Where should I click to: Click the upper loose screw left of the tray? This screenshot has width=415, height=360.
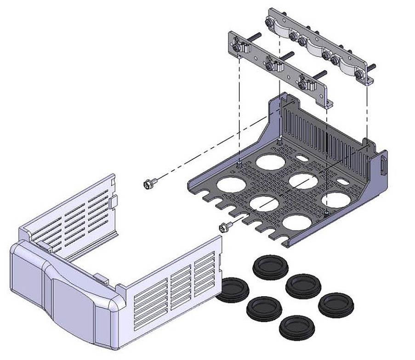point(149,184)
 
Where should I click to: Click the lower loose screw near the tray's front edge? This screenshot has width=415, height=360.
point(225,226)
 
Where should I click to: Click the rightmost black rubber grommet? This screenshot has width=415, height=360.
point(335,304)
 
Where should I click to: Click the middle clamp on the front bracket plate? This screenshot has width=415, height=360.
point(273,64)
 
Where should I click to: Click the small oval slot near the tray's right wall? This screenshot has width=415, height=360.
point(342,182)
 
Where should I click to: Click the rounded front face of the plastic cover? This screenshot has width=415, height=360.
point(69,294)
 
